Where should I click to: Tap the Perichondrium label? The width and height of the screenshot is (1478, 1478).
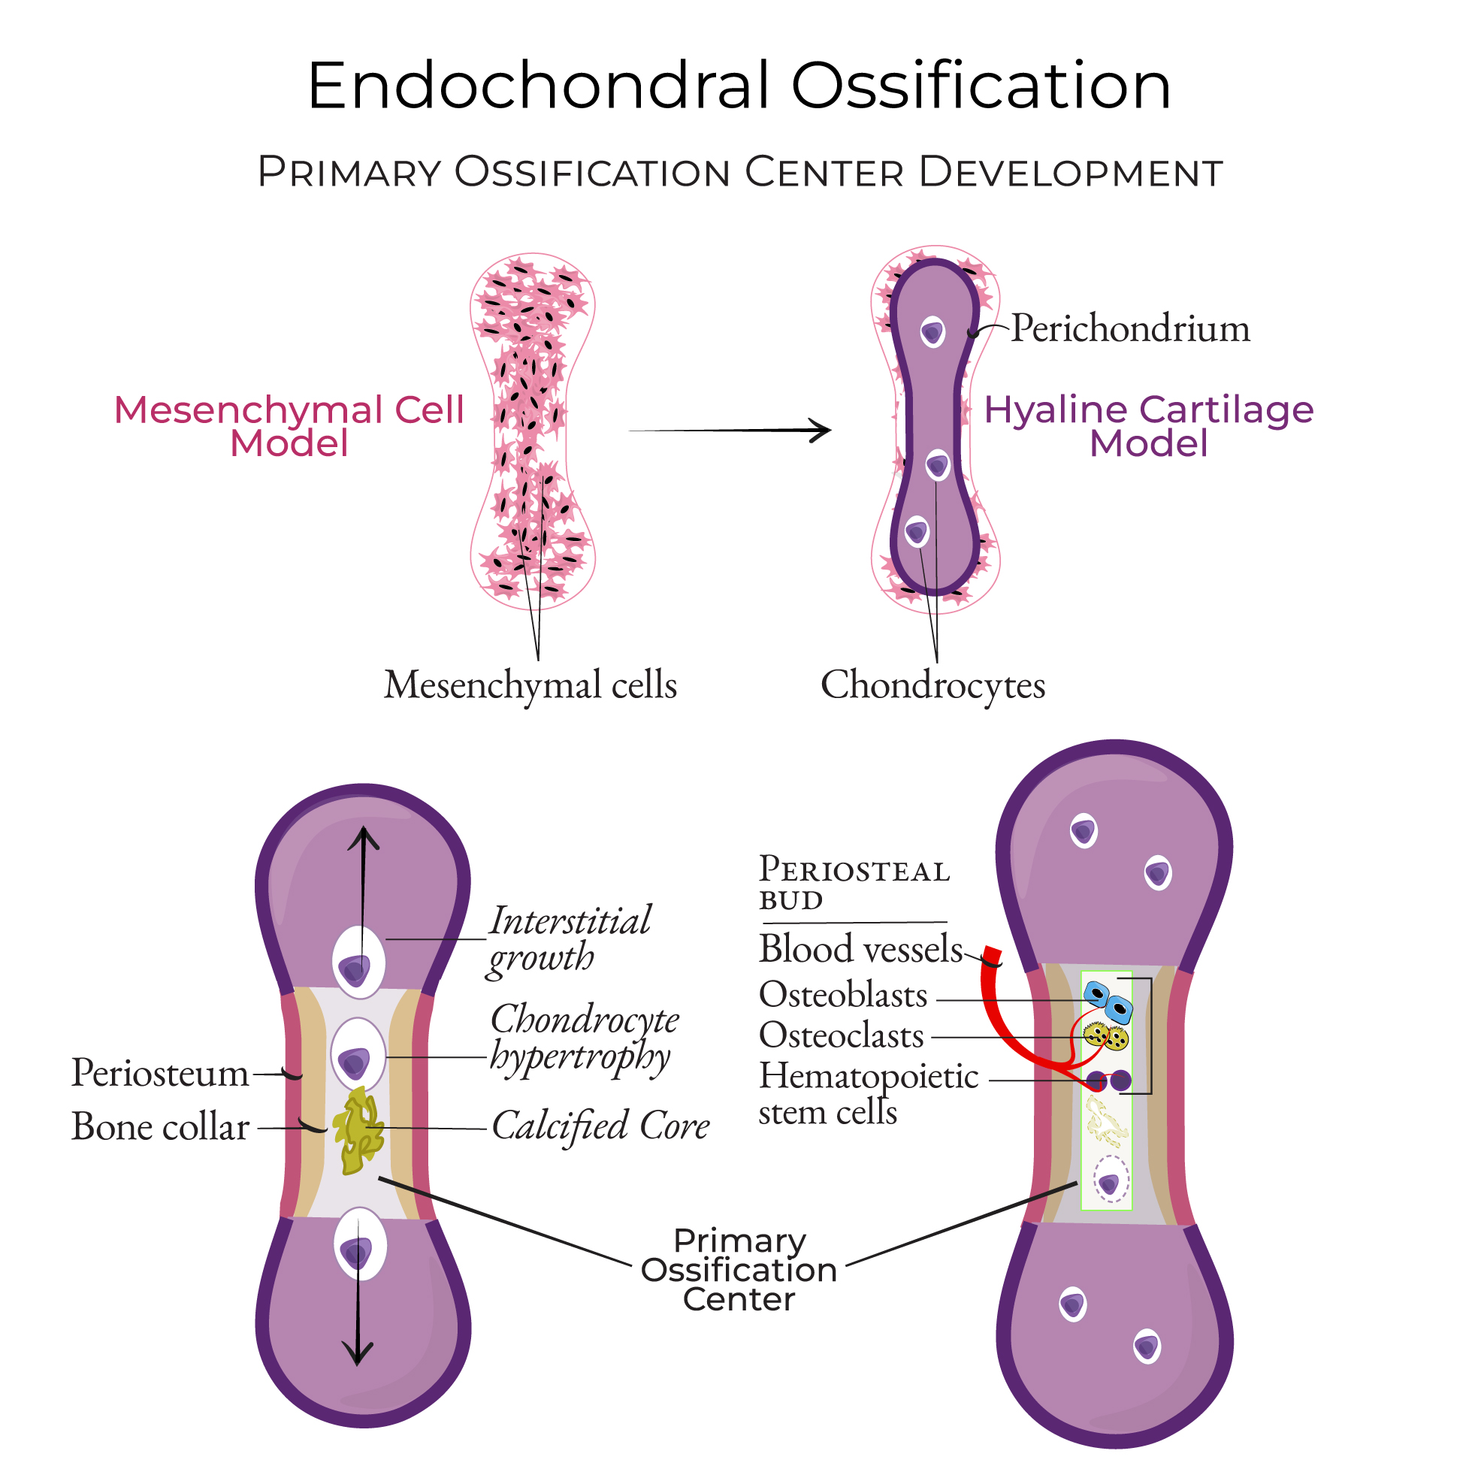1130,329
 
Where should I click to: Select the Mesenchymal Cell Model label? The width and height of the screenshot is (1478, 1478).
289,426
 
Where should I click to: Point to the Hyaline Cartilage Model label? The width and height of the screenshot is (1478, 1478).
1148,426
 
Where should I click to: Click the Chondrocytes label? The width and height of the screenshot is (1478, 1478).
932,685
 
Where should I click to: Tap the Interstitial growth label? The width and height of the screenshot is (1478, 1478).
569,939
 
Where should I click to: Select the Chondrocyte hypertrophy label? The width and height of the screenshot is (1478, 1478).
584,1038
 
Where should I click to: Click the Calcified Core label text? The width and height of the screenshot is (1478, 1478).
600,1126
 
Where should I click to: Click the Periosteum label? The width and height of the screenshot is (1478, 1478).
160,1073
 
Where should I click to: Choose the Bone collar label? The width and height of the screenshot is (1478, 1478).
160,1127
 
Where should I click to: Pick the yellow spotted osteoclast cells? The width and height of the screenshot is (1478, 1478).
1106,1038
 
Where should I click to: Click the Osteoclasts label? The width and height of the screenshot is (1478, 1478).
842,1037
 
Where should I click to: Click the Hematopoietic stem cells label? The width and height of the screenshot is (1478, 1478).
868,1094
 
